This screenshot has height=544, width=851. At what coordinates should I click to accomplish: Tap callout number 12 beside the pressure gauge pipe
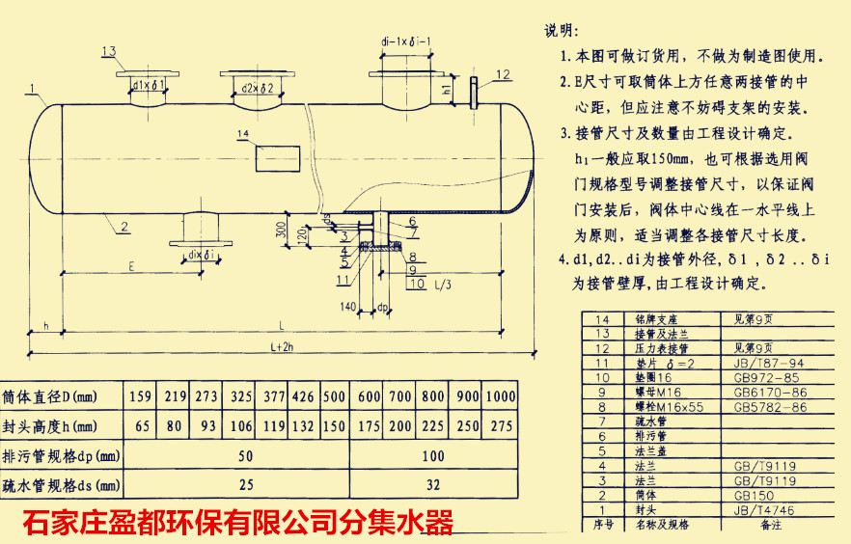[503, 74]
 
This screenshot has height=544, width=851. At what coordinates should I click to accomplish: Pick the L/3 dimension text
[444, 285]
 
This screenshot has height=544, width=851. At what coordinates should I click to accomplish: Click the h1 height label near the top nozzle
[446, 90]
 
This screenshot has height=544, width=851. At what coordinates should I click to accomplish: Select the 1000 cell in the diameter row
[500, 396]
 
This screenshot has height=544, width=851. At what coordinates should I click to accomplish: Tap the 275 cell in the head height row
[500, 425]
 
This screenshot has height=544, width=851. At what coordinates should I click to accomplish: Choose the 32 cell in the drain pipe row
[432, 485]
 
